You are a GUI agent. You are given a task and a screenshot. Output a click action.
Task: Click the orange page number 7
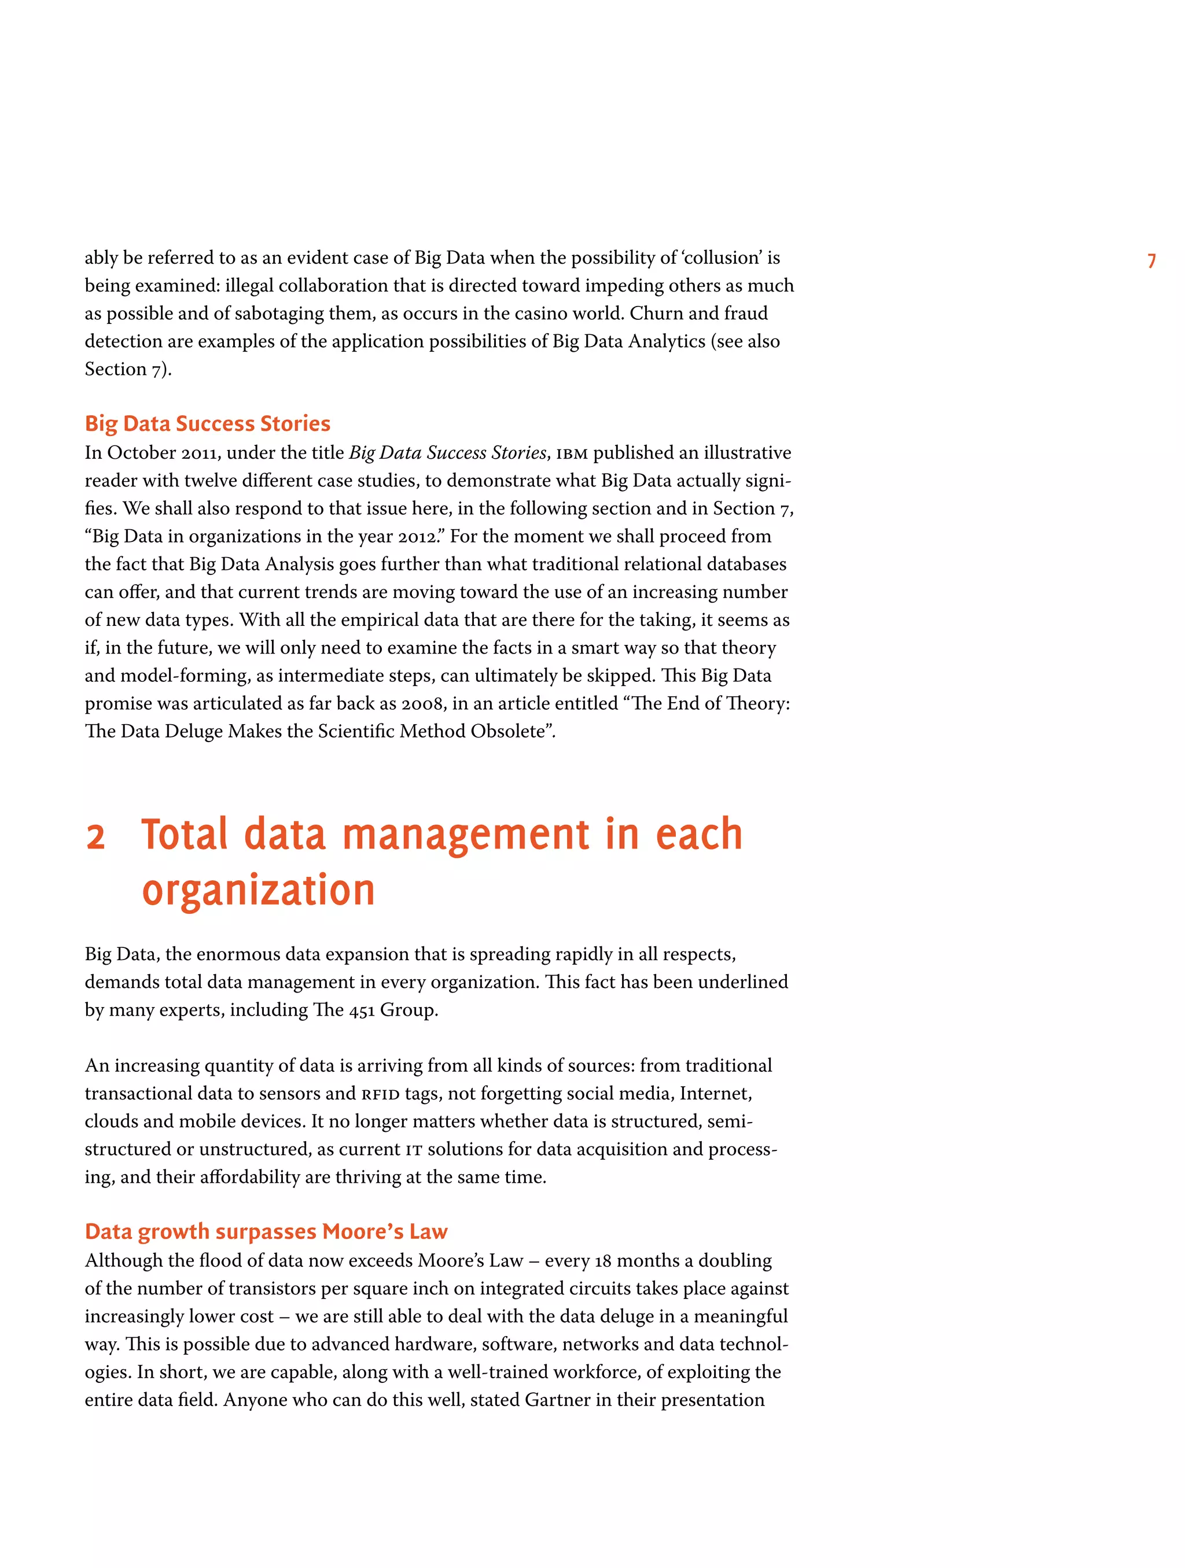1151,261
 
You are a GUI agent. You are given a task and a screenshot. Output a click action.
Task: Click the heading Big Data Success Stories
207,423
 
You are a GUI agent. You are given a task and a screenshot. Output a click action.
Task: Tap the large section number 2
95,836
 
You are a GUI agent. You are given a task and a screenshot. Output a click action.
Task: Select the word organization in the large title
258,890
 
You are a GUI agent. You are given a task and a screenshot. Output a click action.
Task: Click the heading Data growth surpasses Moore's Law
266,1231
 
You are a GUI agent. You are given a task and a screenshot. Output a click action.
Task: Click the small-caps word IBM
572,453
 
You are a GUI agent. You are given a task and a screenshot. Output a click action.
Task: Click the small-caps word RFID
380,1094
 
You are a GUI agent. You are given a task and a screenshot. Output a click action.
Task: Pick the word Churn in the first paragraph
654,313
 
